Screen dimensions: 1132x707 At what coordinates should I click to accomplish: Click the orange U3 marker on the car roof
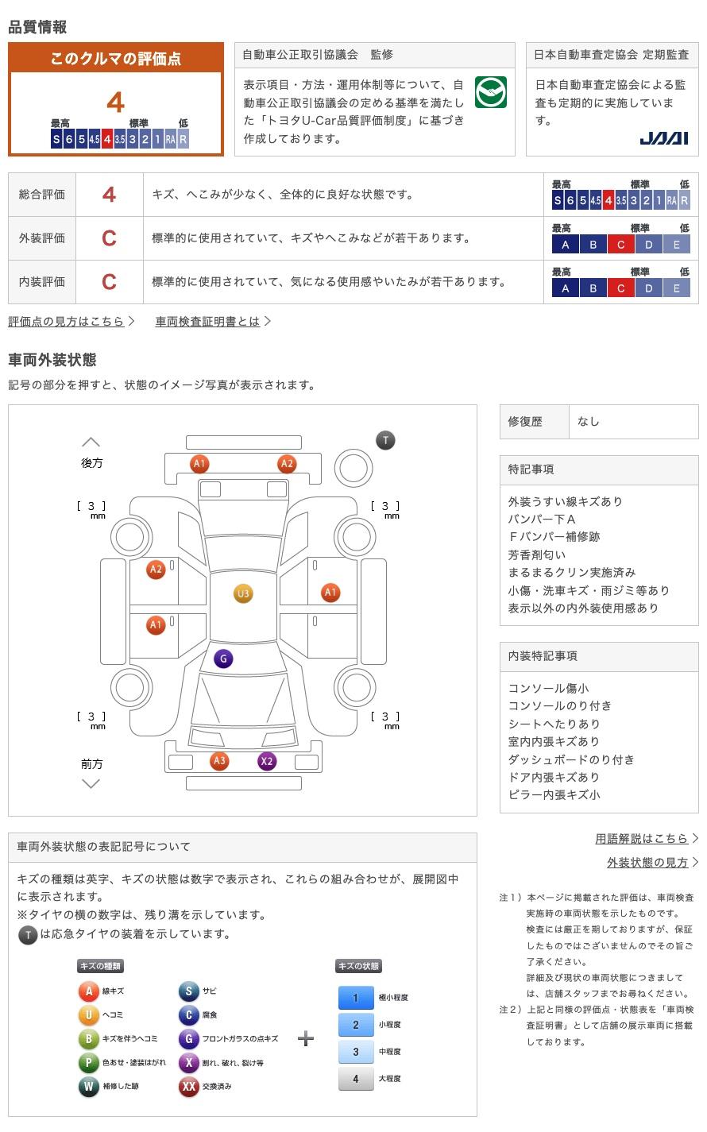point(243,593)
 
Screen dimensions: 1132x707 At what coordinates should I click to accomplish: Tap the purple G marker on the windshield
point(224,659)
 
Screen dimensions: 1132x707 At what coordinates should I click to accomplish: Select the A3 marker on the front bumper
point(219,761)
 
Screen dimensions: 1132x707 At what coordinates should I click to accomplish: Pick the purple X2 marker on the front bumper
point(267,761)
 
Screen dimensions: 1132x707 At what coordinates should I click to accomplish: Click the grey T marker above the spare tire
point(385,440)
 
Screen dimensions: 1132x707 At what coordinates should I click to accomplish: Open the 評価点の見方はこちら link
point(67,322)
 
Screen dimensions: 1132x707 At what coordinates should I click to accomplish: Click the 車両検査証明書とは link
point(207,322)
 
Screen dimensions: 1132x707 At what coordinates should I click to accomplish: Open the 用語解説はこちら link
point(641,839)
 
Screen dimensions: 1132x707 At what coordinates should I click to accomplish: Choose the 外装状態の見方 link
point(647,863)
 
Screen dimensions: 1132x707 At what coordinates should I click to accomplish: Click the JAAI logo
point(663,139)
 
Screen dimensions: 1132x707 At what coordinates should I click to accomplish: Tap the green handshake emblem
point(490,93)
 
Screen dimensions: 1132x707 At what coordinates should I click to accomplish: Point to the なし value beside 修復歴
point(589,422)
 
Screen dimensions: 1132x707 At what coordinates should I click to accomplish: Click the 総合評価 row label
point(42,195)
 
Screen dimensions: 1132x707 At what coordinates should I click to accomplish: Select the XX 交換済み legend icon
point(188,1087)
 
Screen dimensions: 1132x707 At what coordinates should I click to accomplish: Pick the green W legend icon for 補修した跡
point(88,1087)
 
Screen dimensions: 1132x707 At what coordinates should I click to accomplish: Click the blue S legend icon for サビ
point(188,991)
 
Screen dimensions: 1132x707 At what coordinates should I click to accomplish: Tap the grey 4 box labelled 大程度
point(355,1079)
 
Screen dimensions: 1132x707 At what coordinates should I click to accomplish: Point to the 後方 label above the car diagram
point(91,463)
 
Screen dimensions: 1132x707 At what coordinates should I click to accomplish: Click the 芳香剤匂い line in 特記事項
point(537,555)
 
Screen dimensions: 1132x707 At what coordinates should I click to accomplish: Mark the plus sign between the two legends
point(306,1039)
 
